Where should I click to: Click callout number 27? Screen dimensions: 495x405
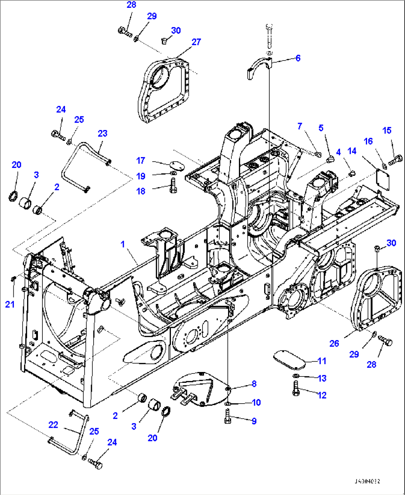coord(196,42)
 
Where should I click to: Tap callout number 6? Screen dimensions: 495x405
coord(298,58)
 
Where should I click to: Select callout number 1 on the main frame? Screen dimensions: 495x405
coord(123,244)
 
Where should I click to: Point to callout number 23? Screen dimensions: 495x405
coord(103,133)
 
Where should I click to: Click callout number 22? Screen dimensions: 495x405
coord(54,424)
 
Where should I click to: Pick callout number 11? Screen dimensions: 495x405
coord(322,360)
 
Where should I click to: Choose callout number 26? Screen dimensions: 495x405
coord(334,343)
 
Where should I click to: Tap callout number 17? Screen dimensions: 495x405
coord(140,161)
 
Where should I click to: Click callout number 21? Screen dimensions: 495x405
coord(10,304)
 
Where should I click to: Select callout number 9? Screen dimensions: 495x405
coord(254,421)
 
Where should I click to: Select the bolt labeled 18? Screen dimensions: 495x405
coord(173,185)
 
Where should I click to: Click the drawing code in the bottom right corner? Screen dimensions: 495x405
coord(367,481)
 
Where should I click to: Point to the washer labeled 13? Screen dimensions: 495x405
coord(296,378)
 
